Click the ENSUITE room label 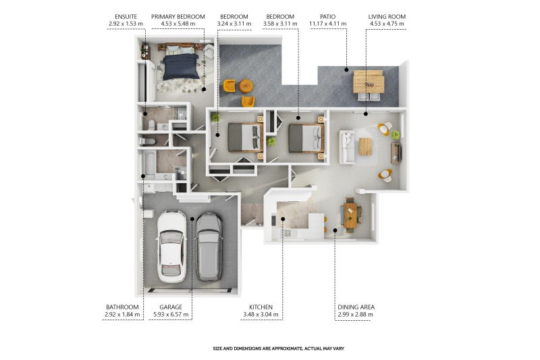point(126,16)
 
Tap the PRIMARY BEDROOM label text point(178,16)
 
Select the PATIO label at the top point(327,16)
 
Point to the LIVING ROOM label point(387,16)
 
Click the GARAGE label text point(171,307)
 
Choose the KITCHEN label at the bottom point(261,307)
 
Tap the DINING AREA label point(356,307)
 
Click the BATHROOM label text point(122,307)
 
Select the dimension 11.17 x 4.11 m point(328,24)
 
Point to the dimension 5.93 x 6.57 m point(171,314)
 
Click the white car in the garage point(172,247)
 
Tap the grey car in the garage point(209,247)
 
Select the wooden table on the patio point(369,82)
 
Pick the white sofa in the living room point(347,147)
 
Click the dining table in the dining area point(350,215)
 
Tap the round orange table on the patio point(246,86)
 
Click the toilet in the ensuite point(151,125)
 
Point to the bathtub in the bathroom point(149,164)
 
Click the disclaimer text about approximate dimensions point(279,349)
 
